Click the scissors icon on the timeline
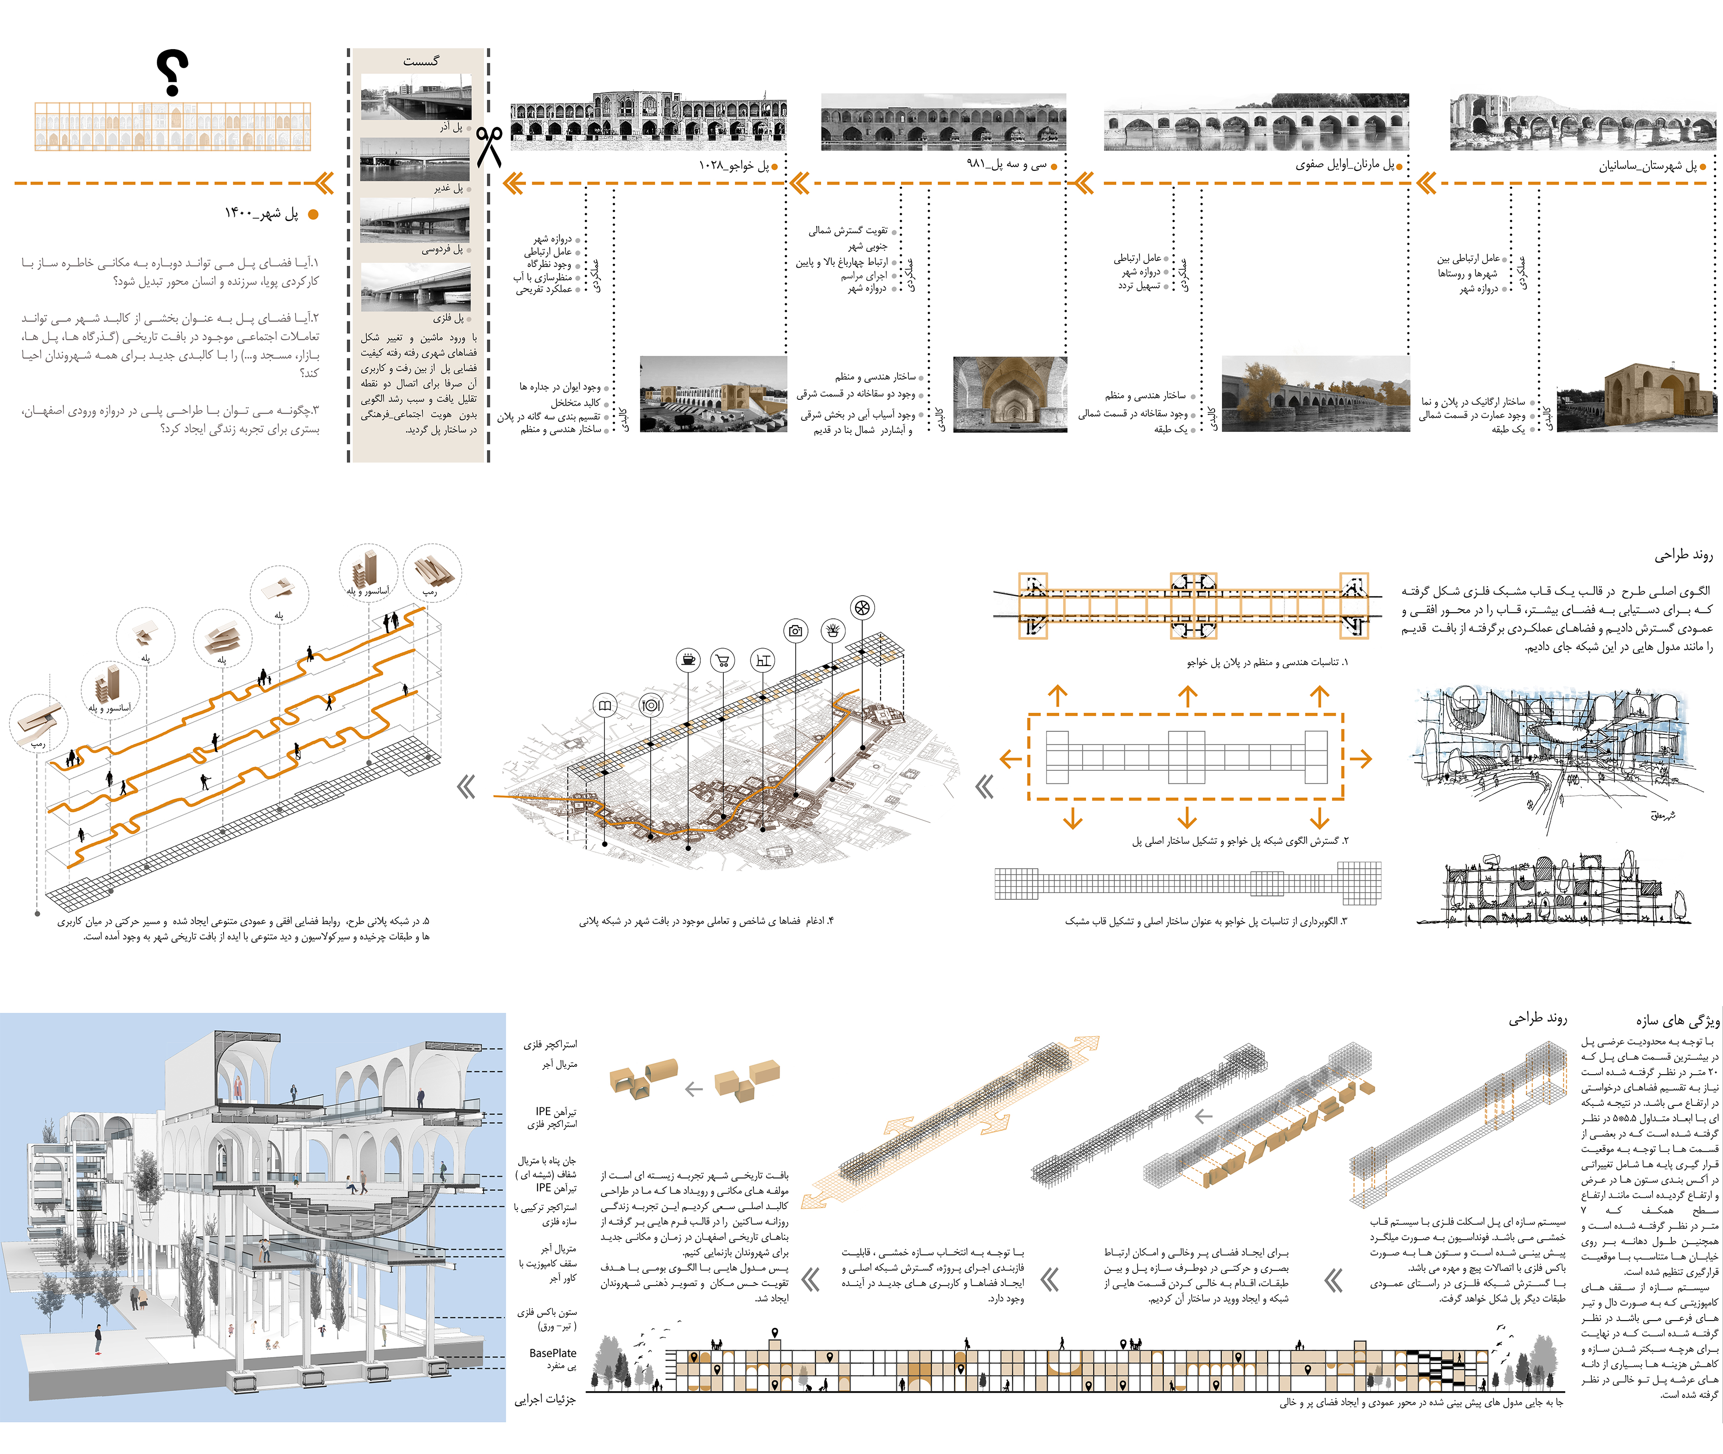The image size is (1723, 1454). [489, 147]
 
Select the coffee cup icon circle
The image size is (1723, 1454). [689, 659]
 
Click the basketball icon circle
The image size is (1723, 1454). [861, 608]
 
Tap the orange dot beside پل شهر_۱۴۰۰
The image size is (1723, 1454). [313, 214]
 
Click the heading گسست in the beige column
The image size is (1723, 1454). [420, 61]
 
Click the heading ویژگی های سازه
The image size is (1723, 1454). [1678, 1021]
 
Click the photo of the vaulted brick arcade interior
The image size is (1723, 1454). [1009, 394]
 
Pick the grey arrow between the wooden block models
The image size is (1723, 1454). [694, 1089]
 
